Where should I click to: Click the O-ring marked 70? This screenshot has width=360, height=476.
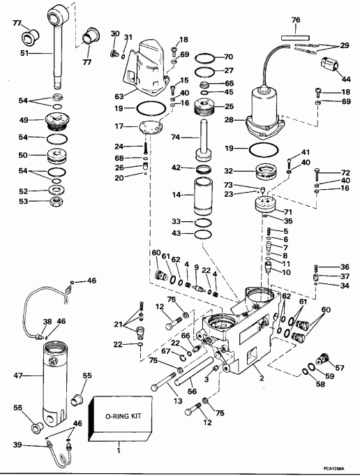click(204, 57)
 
